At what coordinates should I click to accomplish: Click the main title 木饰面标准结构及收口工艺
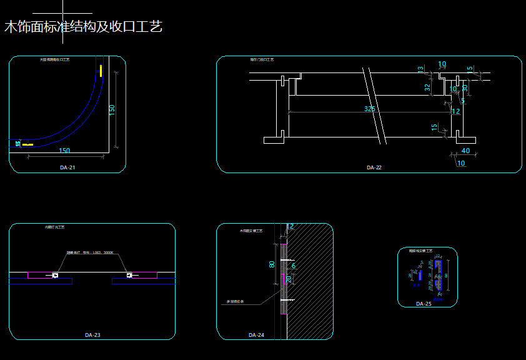point(83,27)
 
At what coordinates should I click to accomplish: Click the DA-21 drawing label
point(68,167)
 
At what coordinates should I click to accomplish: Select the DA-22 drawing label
point(374,167)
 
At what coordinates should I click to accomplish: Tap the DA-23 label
point(92,335)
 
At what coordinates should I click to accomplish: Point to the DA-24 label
point(256,335)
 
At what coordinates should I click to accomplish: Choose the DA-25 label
point(424,304)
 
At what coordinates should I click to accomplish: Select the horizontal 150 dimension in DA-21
point(64,151)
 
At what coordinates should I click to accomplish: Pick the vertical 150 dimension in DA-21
point(112,110)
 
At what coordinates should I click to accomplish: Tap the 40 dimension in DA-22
point(465,151)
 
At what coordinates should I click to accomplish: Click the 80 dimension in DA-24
point(272,264)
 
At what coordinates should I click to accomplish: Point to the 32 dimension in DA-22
point(428,87)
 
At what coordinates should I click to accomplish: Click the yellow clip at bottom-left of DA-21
point(27,144)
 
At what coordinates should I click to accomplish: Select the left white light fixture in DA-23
point(56,275)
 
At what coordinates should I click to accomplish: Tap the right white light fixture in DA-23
point(129,275)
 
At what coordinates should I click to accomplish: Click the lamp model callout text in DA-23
point(90,253)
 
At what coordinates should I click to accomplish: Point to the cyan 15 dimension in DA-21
point(18,144)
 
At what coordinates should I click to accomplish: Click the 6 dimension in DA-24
point(294,266)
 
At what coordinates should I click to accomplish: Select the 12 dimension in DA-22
point(455,111)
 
